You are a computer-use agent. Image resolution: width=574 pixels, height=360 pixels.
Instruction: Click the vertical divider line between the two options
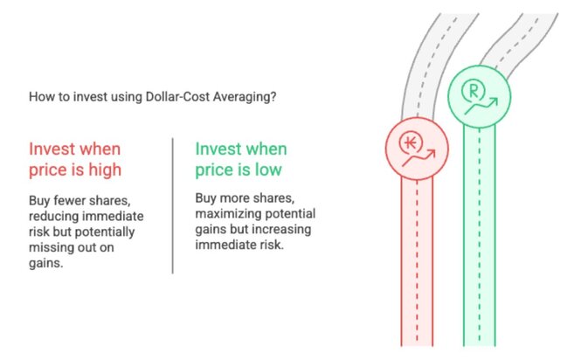tap(172, 205)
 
